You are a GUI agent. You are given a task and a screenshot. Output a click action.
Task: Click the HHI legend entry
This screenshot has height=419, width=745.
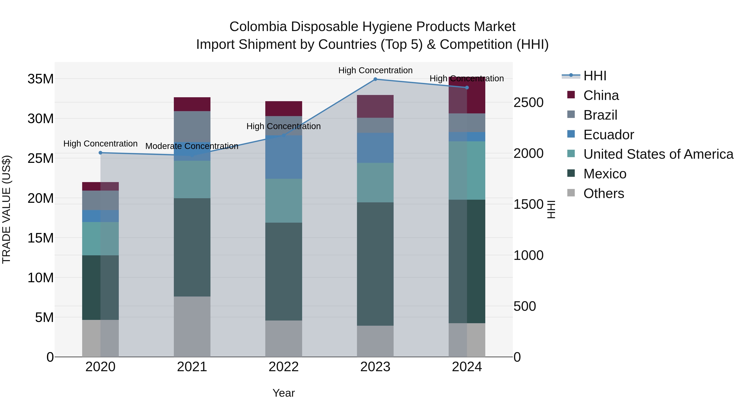point(594,76)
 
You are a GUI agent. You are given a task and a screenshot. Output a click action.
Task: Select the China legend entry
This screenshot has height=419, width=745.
point(601,95)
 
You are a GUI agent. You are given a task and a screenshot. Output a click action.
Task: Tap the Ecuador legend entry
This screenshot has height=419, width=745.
point(608,135)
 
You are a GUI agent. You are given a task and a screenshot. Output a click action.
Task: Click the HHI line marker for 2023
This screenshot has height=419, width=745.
point(375,79)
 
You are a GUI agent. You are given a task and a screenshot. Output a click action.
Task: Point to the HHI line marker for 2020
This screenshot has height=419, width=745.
point(100,153)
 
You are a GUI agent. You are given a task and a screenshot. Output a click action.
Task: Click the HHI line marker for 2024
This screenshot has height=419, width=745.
point(467,88)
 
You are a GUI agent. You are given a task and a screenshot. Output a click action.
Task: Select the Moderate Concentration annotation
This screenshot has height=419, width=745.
point(192,146)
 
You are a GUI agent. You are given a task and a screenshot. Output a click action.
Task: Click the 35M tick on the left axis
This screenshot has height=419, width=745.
point(41,79)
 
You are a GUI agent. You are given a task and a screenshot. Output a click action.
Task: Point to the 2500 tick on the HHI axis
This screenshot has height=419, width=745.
point(528,103)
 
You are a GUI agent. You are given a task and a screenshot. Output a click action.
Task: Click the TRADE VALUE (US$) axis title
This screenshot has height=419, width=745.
point(6,209)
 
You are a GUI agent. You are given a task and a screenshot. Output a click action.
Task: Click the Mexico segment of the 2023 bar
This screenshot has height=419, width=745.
point(375,264)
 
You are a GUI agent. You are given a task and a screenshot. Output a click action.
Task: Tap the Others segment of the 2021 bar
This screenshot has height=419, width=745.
point(192,327)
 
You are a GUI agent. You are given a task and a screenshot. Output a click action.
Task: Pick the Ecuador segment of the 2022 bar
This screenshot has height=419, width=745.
point(284,157)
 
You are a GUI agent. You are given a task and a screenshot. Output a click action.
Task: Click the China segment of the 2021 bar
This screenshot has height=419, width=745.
point(192,104)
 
